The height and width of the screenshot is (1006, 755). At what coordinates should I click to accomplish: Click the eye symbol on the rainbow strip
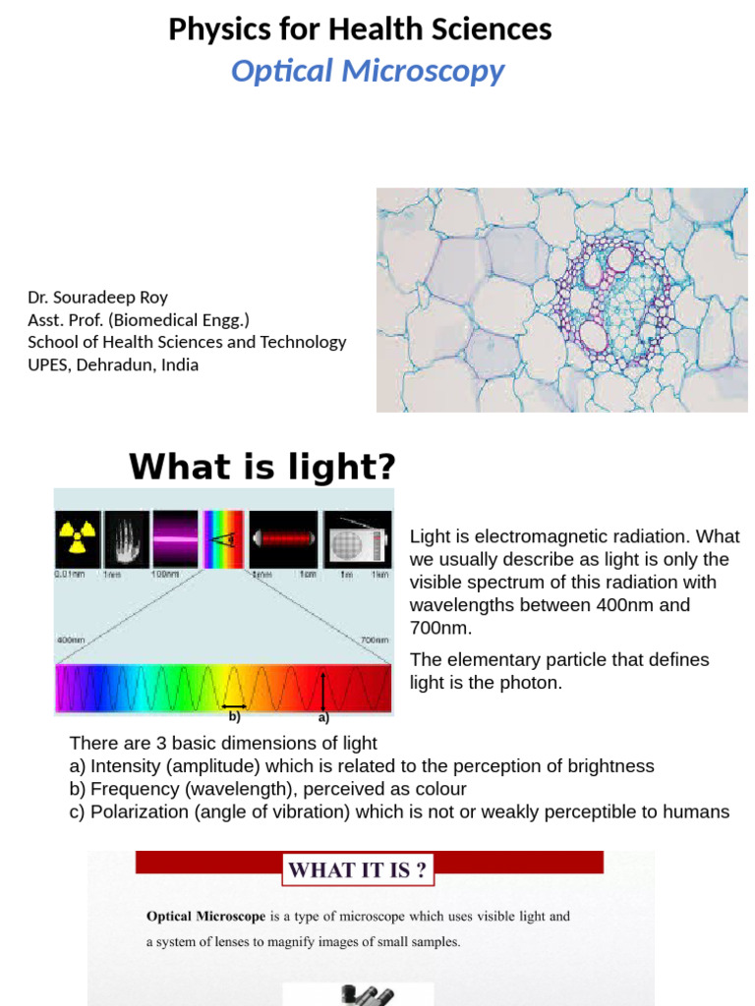point(225,538)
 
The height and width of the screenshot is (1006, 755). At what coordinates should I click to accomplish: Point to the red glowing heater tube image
point(283,538)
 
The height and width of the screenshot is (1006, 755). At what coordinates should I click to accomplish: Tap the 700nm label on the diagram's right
point(374,640)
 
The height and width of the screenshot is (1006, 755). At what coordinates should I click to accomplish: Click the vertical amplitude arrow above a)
point(324,689)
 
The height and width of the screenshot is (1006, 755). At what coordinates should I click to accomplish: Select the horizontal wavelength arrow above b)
point(234,705)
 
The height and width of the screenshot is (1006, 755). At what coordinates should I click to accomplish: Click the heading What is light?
point(261,467)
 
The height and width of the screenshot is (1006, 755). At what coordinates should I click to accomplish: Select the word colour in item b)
point(436,789)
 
